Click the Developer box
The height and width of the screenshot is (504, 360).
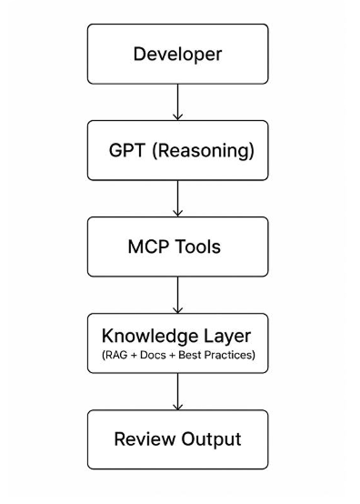[177, 53]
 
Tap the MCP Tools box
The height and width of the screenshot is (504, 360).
[177, 247]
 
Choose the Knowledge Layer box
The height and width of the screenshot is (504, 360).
[177, 343]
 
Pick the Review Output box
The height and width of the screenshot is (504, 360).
[177, 440]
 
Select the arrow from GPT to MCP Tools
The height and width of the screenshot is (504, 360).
[177, 197]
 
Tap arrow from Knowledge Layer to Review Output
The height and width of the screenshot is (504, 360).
[177, 391]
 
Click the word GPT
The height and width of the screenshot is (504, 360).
[125, 149]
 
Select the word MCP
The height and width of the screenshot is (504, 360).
[146, 247]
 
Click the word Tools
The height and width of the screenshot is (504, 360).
[199, 247]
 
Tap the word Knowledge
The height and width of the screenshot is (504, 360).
[151, 336]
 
